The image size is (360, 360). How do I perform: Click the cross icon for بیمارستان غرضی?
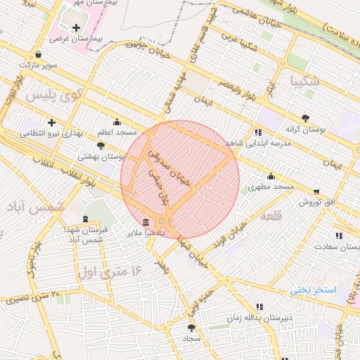pyautogui.click(x=76, y=27)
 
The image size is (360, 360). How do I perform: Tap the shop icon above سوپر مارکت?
pyautogui.click(x=37, y=54)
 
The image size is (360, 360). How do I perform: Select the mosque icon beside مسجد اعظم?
pyautogui.click(x=117, y=122)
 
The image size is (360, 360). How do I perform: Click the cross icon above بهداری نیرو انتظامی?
pyautogui.click(x=51, y=122)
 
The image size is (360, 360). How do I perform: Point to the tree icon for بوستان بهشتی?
pyautogui.click(x=101, y=146)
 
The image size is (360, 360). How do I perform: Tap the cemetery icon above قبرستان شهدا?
pyautogui.click(x=86, y=219)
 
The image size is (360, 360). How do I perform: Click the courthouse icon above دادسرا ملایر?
pyautogui.click(x=145, y=221)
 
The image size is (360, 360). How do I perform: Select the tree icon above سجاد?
pyautogui.click(x=191, y=327)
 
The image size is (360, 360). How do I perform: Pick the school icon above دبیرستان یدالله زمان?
pyautogui.click(x=259, y=307)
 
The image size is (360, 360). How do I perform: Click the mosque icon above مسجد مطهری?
pyautogui.click(x=271, y=176)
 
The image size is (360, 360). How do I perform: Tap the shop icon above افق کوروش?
pyautogui.click(x=316, y=191)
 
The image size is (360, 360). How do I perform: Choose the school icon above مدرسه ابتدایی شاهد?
pyautogui.click(x=258, y=131)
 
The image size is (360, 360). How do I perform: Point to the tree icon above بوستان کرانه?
pyautogui.click(x=304, y=118)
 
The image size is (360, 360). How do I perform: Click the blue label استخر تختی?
pyautogui.click(x=314, y=290)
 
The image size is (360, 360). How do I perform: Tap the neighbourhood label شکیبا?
pyautogui.click(x=303, y=81)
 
